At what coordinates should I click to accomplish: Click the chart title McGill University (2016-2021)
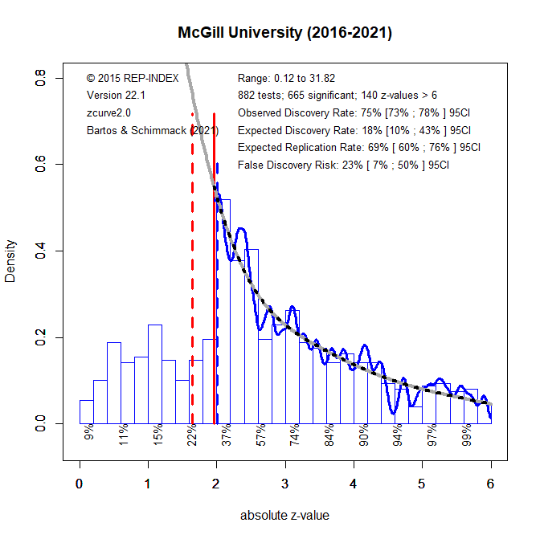285,34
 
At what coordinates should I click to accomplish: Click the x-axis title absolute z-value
284,515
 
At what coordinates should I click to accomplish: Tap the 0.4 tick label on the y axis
39,251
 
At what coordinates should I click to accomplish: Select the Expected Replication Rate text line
358,148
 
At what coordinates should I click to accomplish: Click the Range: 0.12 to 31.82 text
286,79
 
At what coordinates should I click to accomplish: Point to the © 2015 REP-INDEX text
130,79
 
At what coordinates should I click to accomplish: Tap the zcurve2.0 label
108,113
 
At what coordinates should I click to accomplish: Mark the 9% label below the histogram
88,435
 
